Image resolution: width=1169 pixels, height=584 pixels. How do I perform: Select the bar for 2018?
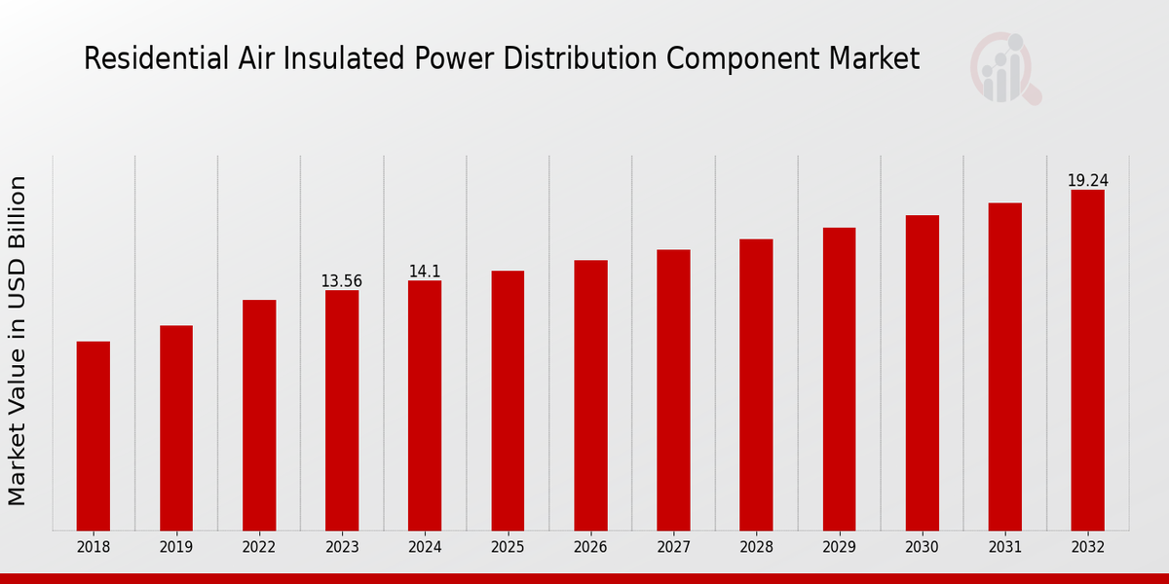point(94,436)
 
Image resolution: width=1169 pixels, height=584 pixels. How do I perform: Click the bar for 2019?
point(176,428)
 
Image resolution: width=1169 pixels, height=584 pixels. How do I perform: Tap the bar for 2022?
point(259,416)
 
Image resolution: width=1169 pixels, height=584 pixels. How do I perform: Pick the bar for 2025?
point(508,401)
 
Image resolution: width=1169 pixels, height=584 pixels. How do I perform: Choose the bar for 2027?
point(673,390)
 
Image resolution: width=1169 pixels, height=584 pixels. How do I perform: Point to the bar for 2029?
point(839,380)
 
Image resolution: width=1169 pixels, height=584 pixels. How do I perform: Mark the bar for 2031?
point(1004,367)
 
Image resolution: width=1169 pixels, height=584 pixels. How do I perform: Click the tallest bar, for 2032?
point(1087,360)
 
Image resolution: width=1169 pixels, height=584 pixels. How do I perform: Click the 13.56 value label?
point(341,281)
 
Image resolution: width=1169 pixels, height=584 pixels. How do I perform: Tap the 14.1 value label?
point(425,272)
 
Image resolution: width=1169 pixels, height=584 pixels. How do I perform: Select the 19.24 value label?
point(1087,181)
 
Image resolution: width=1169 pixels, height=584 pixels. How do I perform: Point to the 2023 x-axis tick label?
point(342,548)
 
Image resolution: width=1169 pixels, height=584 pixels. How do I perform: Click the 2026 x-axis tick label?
point(590,548)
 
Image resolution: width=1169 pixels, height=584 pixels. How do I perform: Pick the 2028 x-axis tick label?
point(756,548)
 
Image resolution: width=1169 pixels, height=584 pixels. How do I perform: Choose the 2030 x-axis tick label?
point(922,548)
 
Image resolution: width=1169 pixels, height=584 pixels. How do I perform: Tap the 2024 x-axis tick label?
point(425,548)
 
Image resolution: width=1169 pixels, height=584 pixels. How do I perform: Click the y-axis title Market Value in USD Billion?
point(18,341)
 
